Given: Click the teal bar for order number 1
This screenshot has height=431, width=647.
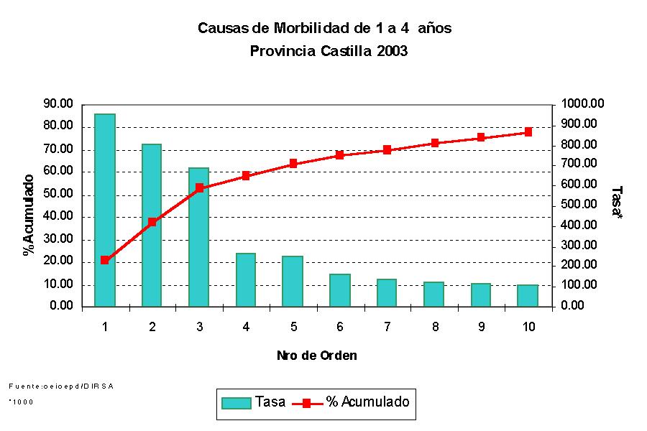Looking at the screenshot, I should tap(105, 210).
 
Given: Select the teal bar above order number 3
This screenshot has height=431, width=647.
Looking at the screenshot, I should tap(198, 237).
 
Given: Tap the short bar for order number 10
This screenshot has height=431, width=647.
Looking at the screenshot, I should tap(528, 295).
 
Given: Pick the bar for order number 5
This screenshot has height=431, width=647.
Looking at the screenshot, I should tap(293, 281).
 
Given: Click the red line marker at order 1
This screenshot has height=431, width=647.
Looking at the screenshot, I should tap(105, 260).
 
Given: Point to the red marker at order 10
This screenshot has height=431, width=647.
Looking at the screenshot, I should tap(528, 132).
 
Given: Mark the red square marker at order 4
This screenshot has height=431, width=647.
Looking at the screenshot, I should tap(246, 175).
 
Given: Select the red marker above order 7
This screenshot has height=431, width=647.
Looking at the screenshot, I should tap(387, 150).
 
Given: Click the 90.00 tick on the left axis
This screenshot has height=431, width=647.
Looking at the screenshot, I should tap(58, 103).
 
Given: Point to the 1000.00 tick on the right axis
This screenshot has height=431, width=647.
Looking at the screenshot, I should tap(584, 103).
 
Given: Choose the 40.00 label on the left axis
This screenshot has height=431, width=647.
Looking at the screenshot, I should tap(58, 216).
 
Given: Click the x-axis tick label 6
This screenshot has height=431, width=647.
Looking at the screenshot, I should tap(340, 327).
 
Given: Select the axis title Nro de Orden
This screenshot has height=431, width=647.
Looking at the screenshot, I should tap(316, 356).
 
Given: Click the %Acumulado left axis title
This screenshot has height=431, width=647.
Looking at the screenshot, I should tap(29, 215).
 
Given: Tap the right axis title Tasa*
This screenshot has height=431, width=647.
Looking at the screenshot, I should tap(616, 203).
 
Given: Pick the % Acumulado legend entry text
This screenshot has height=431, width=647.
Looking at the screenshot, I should tap(367, 402).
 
